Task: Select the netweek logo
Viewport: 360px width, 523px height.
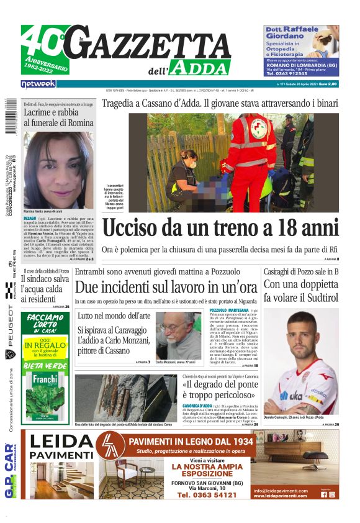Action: (x=38, y=83)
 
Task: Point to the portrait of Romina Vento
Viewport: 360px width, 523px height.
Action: (x=59, y=169)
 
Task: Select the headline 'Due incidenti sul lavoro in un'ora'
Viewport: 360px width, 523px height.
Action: (x=166, y=288)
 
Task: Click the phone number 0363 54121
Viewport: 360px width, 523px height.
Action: (x=207, y=495)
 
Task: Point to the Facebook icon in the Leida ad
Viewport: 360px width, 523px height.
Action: (x=324, y=494)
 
